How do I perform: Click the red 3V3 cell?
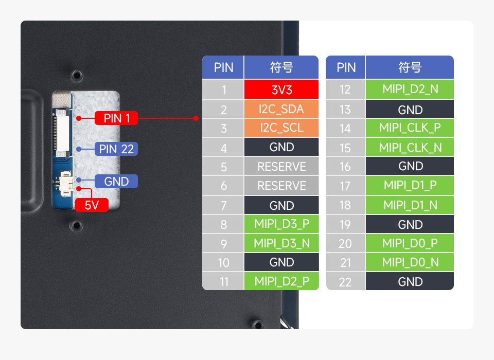tap(281, 89)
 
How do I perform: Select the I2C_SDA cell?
tap(281, 109)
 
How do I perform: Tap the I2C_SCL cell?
tap(281, 128)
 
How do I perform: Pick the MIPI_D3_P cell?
tap(281, 224)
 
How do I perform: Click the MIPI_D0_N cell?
tap(410, 262)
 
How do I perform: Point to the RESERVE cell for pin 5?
tap(281, 167)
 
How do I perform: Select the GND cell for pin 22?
tap(410, 281)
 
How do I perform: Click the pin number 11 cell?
tap(223, 281)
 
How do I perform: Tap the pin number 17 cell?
tap(345, 186)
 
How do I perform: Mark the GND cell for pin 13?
tap(410, 110)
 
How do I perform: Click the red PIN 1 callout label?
tap(116, 118)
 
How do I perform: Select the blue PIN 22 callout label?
tap(116, 149)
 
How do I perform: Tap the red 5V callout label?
tap(92, 205)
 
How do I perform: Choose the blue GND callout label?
tap(116, 181)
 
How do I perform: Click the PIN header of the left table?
tap(223, 67)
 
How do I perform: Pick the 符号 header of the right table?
tap(410, 67)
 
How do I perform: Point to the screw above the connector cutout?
tap(77, 75)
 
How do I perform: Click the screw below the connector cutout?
tap(77, 225)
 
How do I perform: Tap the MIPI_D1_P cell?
tap(410, 186)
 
